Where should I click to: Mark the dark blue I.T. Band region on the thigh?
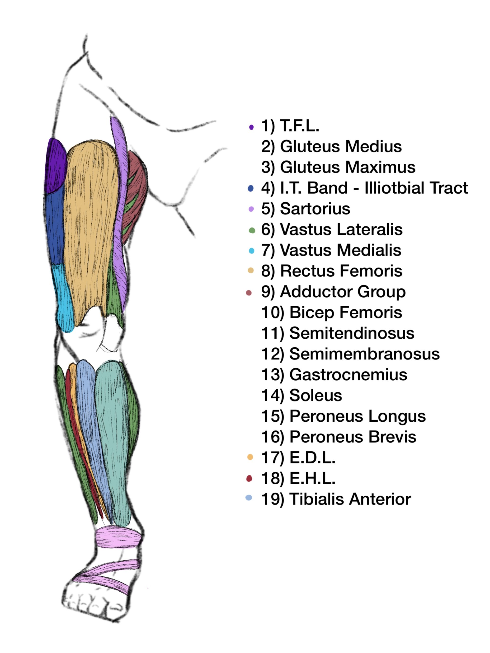tap(56, 227)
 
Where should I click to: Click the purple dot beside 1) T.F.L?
tap(251, 127)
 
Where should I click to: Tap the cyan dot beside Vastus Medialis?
tap(251, 251)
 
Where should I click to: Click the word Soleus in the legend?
tap(316, 395)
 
